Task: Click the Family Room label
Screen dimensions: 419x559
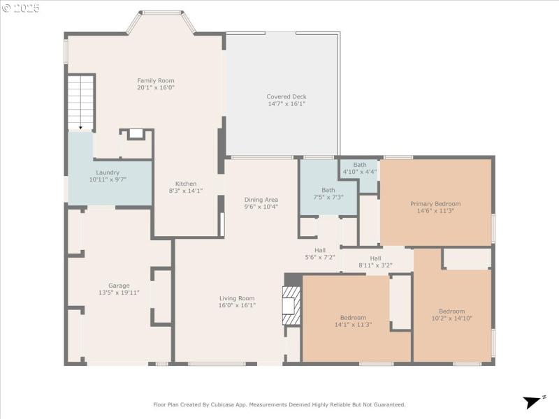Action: [155, 80]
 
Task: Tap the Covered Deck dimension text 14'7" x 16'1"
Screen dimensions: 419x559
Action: [286, 104]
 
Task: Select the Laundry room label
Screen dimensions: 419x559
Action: [108, 172]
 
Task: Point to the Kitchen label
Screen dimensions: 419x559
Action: [185, 184]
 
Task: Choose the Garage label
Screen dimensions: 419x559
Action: [119, 286]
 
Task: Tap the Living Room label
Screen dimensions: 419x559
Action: [237, 298]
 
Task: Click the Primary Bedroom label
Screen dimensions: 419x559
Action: [435, 204]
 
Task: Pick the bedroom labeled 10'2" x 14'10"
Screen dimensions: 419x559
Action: [451, 311]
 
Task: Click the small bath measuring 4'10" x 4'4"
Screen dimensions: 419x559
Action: [359, 165]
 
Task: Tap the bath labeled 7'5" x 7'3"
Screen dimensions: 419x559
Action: [328, 190]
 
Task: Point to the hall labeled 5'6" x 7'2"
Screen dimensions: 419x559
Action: [320, 250]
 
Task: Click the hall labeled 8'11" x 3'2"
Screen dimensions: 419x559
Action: [375, 258]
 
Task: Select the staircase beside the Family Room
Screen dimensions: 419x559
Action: [80, 102]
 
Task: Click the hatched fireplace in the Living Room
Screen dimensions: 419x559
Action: [291, 306]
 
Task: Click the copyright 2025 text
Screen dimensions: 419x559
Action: [21, 8]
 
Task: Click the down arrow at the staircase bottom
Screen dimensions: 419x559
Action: [80, 127]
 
